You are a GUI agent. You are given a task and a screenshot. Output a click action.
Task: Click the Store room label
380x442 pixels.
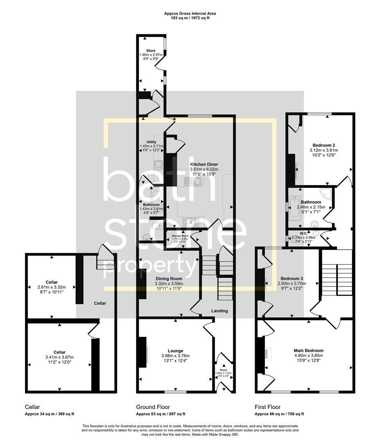pos(151,51)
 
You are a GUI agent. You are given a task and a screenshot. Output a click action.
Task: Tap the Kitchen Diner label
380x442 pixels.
pos(204,164)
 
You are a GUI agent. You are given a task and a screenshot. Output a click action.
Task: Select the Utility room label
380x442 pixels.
pos(151,142)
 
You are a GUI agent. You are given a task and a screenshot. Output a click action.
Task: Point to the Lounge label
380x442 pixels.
pos(175,350)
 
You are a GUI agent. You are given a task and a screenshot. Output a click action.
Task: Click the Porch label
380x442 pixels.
pos(223,370)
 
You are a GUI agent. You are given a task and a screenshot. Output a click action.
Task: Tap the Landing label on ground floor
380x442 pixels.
pos(219,311)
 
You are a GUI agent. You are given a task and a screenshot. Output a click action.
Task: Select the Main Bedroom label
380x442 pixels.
pos(308,350)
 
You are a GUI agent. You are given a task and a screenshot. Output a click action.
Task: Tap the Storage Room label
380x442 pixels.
pos(180,236)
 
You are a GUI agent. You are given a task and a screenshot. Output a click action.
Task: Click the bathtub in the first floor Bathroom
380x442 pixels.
pos(294,209)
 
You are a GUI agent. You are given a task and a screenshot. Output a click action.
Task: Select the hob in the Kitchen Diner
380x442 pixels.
pos(191,222)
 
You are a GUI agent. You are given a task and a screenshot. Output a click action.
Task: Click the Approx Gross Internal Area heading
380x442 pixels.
pos(190,14)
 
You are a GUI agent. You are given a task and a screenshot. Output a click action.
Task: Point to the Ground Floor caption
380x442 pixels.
pos(152,407)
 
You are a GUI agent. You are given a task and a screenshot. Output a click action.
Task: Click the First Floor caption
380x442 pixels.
pos(268,407)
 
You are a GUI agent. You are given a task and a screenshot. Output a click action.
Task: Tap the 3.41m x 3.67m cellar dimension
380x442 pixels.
pos(59,357)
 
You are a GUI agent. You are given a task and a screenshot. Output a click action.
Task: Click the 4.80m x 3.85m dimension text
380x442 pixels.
pos(308,356)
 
